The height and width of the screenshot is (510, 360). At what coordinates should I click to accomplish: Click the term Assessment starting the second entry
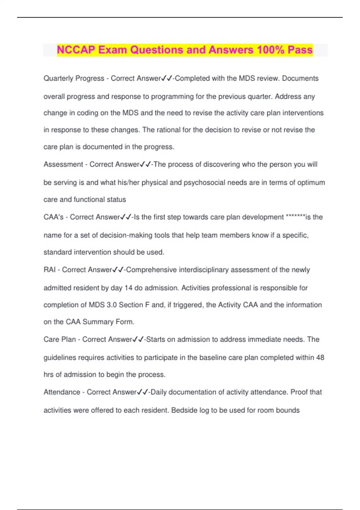pyautogui.click(x=63, y=164)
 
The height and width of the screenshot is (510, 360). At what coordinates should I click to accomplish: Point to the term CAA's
pyautogui.click(x=53, y=217)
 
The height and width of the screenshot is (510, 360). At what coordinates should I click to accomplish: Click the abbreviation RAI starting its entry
pyautogui.click(x=49, y=270)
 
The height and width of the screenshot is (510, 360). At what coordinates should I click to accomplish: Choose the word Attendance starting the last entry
pyautogui.click(x=62, y=392)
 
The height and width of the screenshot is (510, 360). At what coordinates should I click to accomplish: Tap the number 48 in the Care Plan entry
pyautogui.click(x=320, y=358)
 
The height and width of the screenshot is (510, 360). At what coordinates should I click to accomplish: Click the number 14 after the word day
pyautogui.click(x=128, y=288)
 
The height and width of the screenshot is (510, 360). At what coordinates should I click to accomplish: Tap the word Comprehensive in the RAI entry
pyautogui.click(x=151, y=270)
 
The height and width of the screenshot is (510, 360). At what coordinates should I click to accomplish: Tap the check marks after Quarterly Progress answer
pyautogui.click(x=167, y=78)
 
